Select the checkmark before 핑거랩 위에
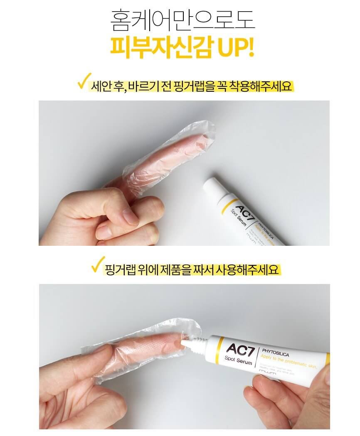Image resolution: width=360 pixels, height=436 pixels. point(98,265)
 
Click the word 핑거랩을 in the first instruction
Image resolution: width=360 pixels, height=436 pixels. point(193,86)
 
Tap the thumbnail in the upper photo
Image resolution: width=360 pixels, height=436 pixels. point(130,217)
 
